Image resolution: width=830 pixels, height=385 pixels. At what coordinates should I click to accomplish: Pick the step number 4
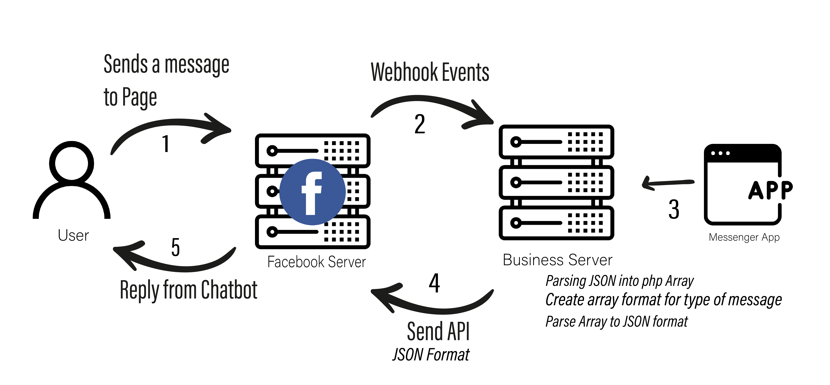[434, 283]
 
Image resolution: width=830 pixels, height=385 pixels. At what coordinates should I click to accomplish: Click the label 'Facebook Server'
[316, 262]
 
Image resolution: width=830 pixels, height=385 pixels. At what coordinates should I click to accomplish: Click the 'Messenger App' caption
[744, 237]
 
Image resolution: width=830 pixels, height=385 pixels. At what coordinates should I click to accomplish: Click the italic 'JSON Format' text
[431, 355]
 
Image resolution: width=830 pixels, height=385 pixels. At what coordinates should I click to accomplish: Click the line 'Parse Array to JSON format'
[616, 321]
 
